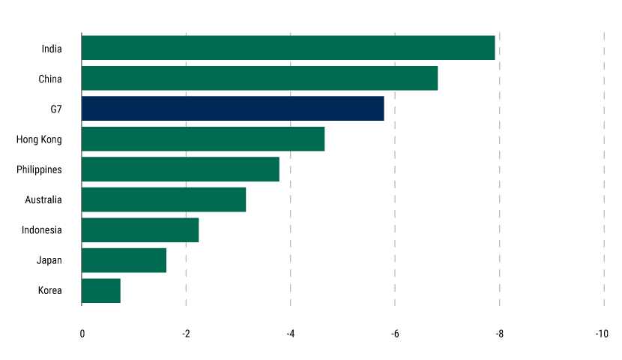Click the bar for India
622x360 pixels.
[288, 48]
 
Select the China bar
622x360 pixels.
[259, 78]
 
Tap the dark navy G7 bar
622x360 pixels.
[232, 109]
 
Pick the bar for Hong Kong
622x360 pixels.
[203, 139]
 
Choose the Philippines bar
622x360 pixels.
[180, 169]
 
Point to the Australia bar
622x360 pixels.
[163, 199]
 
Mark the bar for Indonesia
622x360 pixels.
[140, 230]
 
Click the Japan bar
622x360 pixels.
[124, 260]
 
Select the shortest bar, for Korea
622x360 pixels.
[101, 291]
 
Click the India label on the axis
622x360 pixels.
[52, 49]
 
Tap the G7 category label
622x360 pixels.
[56, 109]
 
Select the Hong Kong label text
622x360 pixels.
[39, 139]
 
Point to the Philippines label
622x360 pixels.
[39, 170]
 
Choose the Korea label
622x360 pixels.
[49, 291]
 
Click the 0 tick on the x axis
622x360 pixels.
[82, 334]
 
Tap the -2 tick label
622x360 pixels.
[185, 334]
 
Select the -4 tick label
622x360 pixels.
[290, 334]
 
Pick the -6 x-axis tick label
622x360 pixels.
[394, 334]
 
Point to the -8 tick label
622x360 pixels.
[499, 334]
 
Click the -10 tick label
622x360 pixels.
[602, 334]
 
